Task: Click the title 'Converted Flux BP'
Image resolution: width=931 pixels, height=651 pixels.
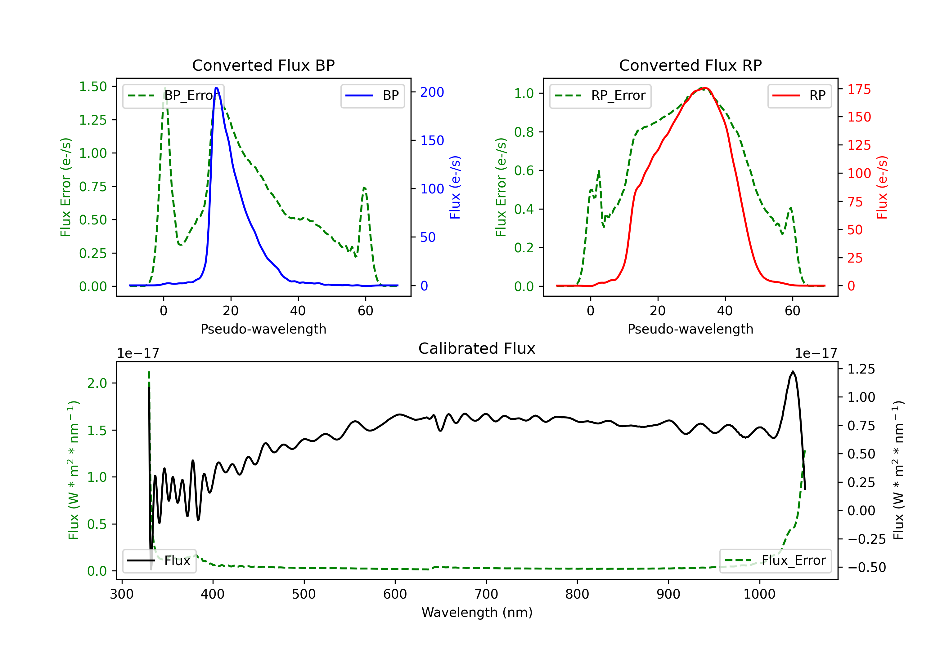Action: coord(263,65)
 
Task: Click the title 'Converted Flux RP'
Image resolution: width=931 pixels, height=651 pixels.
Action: coord(690,65)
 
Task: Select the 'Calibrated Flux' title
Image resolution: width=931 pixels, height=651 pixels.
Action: coord(477,348)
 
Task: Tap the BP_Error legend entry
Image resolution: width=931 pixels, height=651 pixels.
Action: coord(173,96)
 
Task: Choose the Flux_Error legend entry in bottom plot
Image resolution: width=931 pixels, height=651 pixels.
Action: coord(775,561)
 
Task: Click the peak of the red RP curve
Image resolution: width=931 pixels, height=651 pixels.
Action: coord(704,88)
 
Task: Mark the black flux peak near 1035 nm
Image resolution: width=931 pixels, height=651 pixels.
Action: coord(793,371)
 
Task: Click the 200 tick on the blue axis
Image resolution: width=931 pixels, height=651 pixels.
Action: coord(432,92)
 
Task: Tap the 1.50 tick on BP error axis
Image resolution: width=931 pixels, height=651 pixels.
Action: coord(93,87)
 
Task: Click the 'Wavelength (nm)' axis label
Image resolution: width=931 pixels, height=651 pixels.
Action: coord(477,613)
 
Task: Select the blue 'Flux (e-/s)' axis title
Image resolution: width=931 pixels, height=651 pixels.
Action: coord(455,188)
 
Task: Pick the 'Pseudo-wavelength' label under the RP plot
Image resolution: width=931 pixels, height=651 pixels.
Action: coord(690,329)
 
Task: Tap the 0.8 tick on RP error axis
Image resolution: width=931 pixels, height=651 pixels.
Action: coord(524,132)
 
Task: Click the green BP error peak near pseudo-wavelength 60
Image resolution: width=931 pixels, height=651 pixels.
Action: coord(364,188)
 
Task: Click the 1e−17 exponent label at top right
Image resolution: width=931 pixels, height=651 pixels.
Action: coord(816,354)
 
